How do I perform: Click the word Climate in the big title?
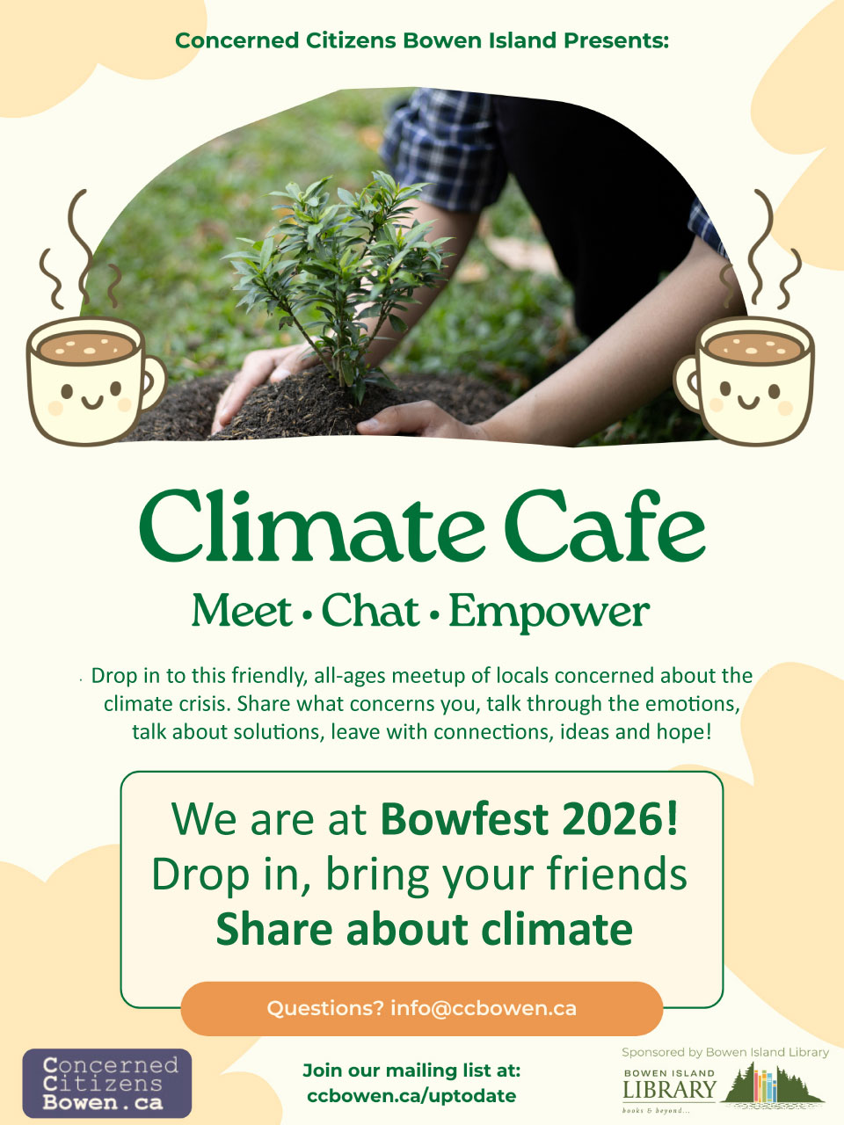click(311, 526)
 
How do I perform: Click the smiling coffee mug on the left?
click(97, 381)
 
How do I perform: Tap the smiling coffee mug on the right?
click(744, 381)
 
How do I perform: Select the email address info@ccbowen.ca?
click(484, 1008)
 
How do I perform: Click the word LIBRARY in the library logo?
click(669, 1088)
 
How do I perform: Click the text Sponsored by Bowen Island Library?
click(725, 1051)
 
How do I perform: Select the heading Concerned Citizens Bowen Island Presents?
click(422, 40)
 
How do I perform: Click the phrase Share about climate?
click(425, 928)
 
